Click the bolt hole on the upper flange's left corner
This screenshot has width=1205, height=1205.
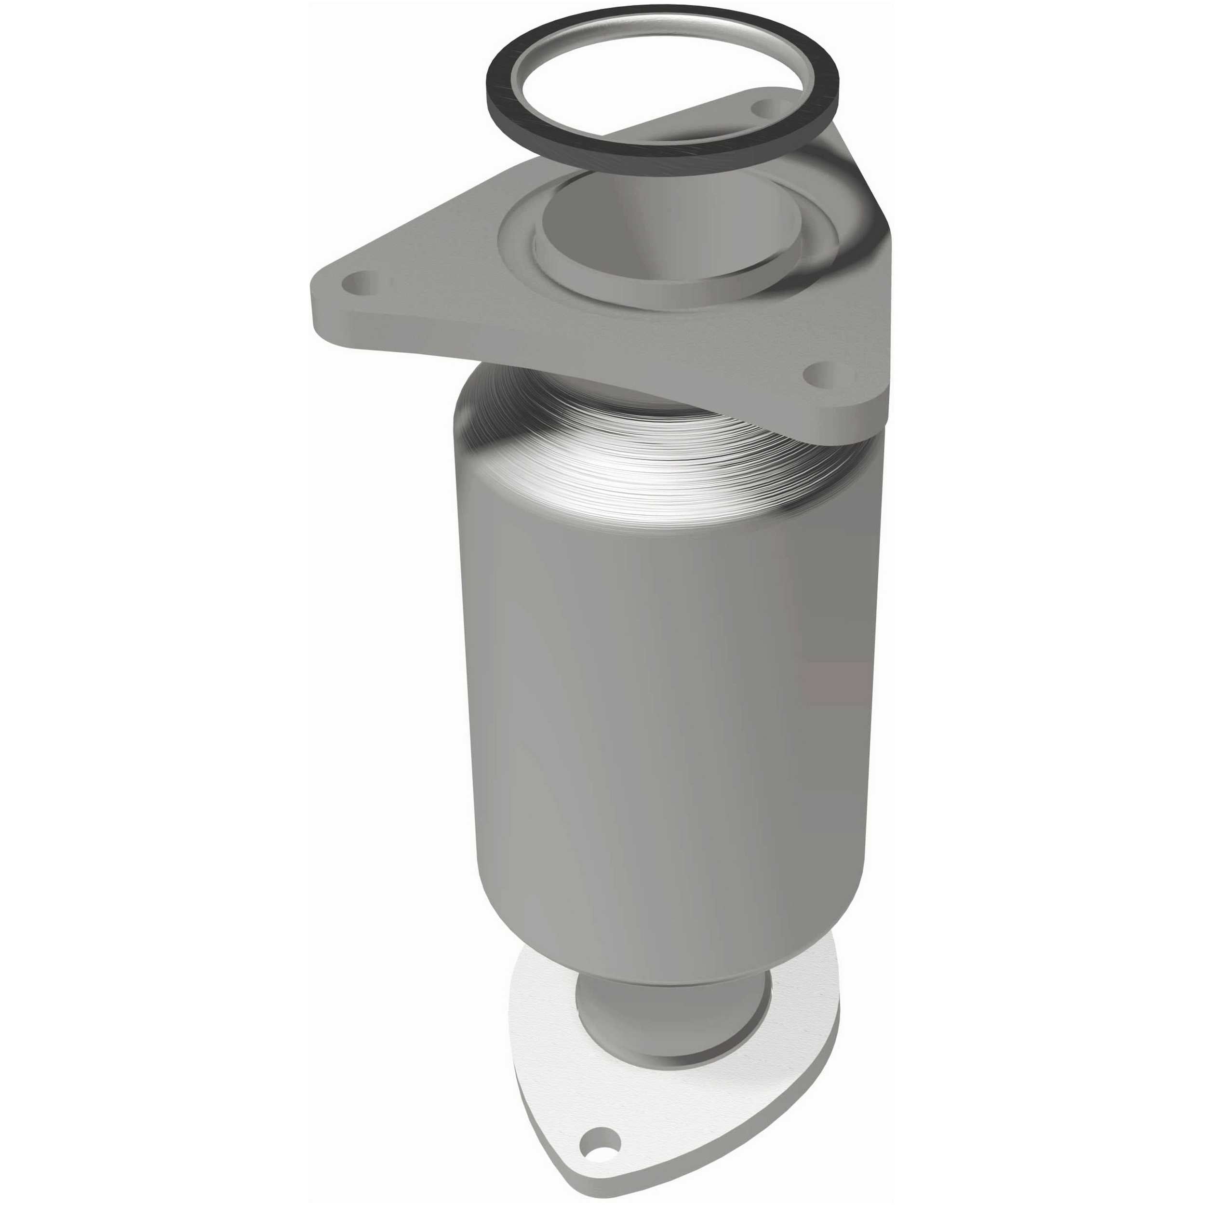click(x=361, y=283)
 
